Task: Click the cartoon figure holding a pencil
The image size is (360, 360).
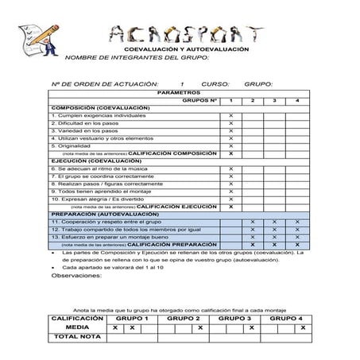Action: pyautogui.click(x=37, y=39)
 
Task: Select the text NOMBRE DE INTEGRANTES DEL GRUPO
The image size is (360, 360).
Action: pyautogui.click(x=136, y=57)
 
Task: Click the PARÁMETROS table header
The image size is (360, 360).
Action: pyautogui.click(x=180, y=93)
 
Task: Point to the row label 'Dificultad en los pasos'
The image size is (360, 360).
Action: pyautogui.click(x=84, y=123)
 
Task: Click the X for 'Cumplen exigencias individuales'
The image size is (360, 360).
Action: pyautogui.click(x=230, y=116)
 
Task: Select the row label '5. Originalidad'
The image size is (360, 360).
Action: pyautogui.click(x=71, y=145)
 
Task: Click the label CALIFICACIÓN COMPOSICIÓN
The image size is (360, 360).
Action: pyautogui.click(x=172, y=153)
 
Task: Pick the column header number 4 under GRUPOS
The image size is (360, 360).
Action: pyautogui.click(x=297, y=101)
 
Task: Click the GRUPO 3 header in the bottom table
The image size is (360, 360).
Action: pyautogui.click(x=236, y=318)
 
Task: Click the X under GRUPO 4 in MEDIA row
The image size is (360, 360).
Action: pyautogui.click(x=302, y=327)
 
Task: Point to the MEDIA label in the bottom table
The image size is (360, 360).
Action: pyautogui.click(x=77, y=327)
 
